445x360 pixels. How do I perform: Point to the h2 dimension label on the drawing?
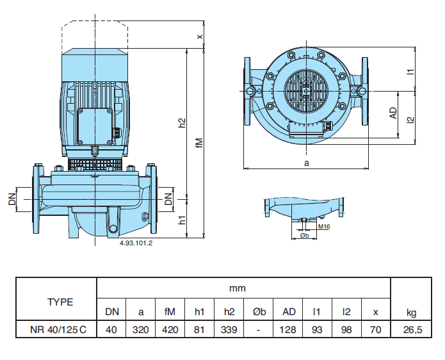point(182,122)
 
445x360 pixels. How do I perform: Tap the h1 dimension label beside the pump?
point(182,220)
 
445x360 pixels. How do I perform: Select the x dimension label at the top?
point(199,37)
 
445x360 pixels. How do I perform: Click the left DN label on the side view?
point(12,199)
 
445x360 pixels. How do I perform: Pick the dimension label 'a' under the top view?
point(306,163)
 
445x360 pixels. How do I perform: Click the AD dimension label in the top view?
point(393,113)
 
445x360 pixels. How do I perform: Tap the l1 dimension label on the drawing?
point(410,72)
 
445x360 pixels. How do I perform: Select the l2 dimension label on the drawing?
point(410,119)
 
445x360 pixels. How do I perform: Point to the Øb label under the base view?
point(305,236)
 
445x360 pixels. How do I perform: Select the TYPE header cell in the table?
point(60,302)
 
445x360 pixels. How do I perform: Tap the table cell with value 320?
point(141,329)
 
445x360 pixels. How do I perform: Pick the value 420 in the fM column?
point(170,329)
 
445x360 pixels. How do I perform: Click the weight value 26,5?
point(411,329)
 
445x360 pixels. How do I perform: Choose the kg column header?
point(411,312)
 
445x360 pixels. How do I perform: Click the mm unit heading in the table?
point(238,288)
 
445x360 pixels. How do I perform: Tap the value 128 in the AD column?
point(289,329)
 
